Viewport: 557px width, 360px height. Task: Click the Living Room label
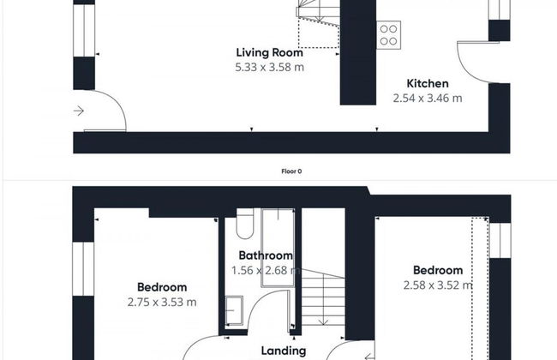click(x=270, y=52)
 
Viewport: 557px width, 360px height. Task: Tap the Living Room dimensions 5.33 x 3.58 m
click(x=270, y=67)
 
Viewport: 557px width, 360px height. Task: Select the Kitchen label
click(x=428, y=83)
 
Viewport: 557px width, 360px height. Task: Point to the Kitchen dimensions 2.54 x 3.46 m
click(x=428, y=98)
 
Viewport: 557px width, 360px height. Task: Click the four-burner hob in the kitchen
click(x=389, y=35)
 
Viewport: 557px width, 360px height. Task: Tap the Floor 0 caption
click(x=291, y=171)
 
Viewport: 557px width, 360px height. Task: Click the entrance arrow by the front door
click(x=79, y=111)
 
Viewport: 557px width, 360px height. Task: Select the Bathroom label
click(x=266, y=255)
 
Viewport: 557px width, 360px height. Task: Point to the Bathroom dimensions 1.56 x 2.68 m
click(x=266, y=271)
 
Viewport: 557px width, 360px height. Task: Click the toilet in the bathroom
click(x=245, y=224)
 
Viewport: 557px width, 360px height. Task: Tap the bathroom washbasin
click(x=235, y=310)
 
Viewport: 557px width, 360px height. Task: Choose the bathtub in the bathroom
click(x=278, y=248)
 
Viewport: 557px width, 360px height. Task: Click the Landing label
click(x=284, y=351)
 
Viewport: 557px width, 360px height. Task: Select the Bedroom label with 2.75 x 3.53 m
click(x=162, y=287)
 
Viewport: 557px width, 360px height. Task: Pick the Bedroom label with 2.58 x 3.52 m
click(x=438, y=271)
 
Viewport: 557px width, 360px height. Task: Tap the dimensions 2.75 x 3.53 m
click(x=162, y=302)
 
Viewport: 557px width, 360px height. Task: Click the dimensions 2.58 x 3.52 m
click(x=438, y=285)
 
